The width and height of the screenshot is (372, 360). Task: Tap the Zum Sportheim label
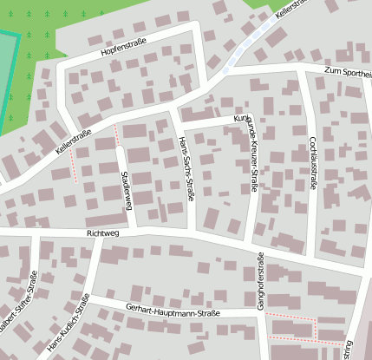click(347, 72)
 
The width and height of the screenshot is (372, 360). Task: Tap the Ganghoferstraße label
click(259, 279)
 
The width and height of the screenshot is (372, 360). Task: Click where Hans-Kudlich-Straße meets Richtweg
click(97, 233)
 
